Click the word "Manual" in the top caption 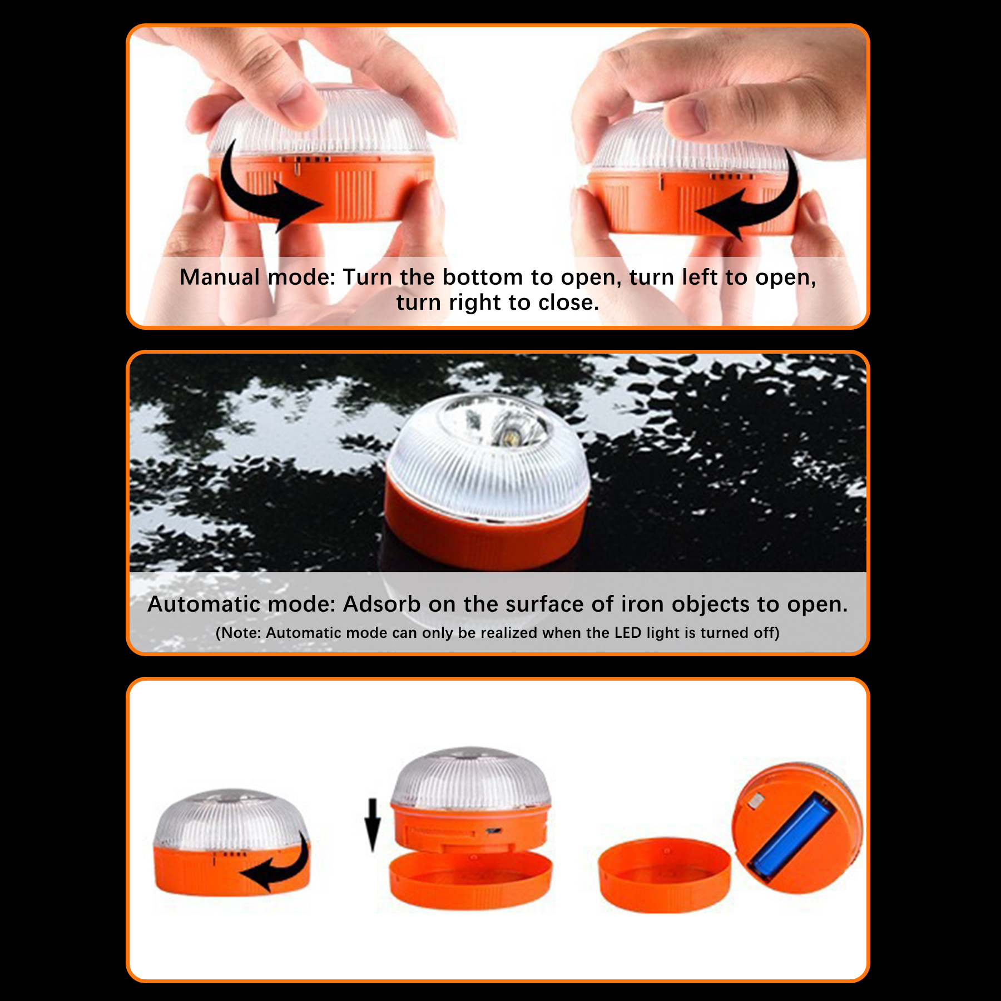220,277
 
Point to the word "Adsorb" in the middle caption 381,604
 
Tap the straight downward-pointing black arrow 373,825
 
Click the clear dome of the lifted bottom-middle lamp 470,779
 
